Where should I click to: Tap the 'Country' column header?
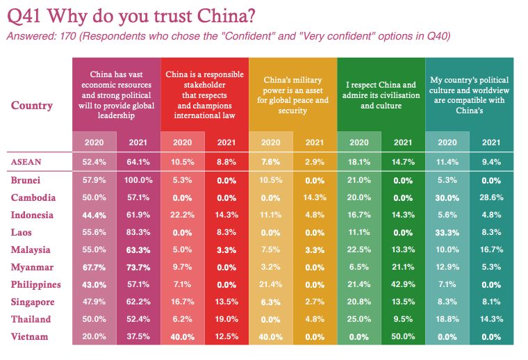click(32, 106)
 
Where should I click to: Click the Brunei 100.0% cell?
click(139, 180)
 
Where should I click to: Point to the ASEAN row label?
click(26, 162)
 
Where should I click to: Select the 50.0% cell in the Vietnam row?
click(403, 336)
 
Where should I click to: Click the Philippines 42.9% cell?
click(403, 284)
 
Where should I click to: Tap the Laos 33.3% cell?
click(447, 232)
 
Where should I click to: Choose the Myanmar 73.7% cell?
click(139, 267)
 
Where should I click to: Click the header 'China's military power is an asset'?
click(292, 95)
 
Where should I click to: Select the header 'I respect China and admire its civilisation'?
click(381, 95)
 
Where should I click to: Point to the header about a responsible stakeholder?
click(204, 95)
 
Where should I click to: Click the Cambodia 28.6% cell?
click(490, 197)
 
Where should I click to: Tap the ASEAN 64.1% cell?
click(139, 162)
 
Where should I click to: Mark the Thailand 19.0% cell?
click(226, 319)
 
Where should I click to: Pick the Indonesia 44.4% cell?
click(95, 215)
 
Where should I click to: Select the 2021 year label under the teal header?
click(490, 142)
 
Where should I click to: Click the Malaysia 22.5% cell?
click(359, 249)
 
